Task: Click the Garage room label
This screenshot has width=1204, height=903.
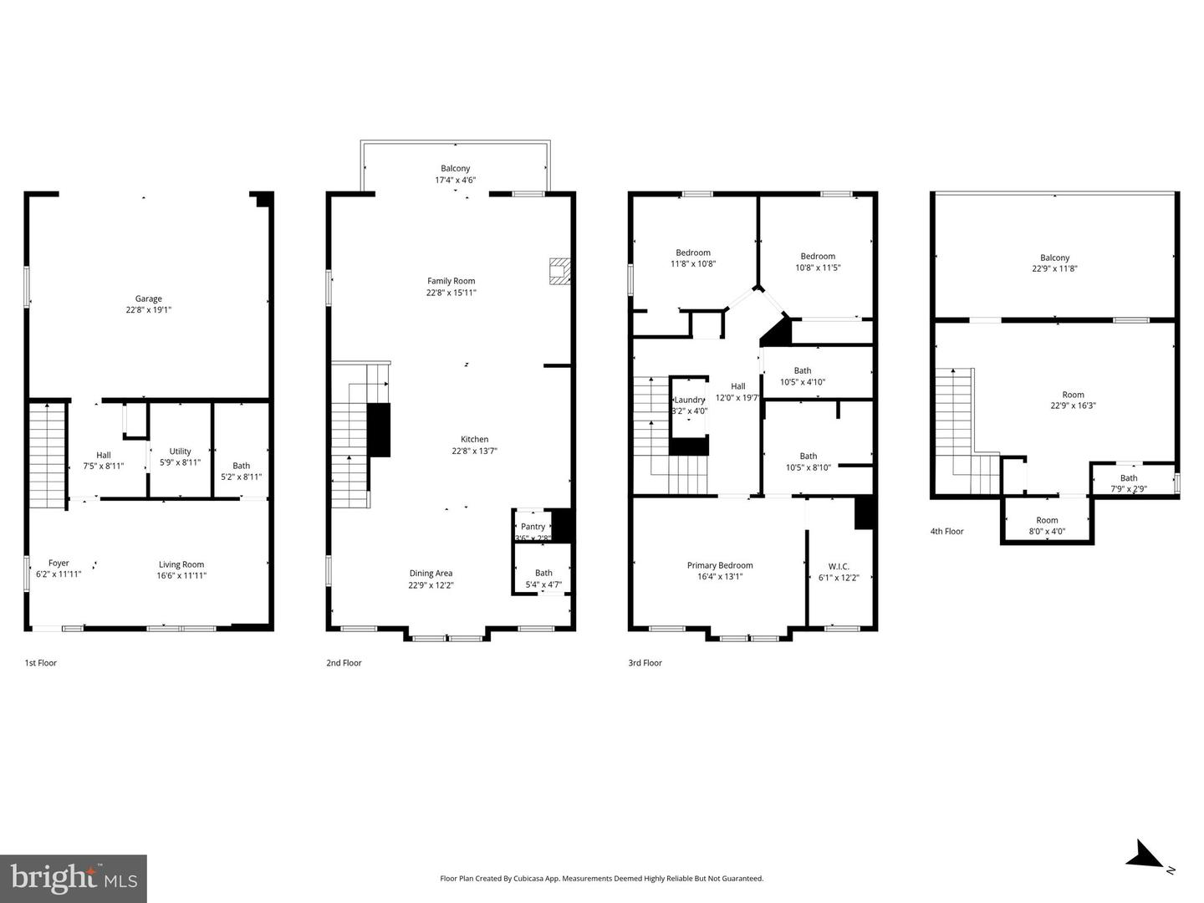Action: pos(149,298)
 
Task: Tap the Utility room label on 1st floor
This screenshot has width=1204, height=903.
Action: pos(180,451)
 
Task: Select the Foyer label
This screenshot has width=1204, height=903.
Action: pos(59,563)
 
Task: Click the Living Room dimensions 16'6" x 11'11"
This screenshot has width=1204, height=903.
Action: pos(181,575)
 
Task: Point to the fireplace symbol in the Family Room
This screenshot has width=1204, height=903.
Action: pos(559,272)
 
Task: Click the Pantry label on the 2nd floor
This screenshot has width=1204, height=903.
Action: pos(533,527)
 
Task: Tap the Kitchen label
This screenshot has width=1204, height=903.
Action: pos(474,439)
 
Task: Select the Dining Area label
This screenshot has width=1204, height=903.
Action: pos(431,573)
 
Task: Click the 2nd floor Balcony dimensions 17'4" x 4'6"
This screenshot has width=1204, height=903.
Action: pos(455,180)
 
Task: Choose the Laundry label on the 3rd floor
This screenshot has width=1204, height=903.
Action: pos(690,400)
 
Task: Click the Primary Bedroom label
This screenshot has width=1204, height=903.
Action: pos(720,565)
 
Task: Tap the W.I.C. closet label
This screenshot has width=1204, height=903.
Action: pos(839,566)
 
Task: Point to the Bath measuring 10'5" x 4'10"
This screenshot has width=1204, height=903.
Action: pos(803,376)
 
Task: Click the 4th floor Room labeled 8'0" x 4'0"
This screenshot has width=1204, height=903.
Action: pos(1047,525)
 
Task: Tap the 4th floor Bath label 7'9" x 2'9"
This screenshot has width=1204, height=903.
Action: pos(1129,483)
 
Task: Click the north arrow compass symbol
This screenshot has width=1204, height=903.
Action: pos(1145,856)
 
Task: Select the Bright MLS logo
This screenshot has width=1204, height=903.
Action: pos(74,878)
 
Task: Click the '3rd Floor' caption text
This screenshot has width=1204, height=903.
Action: pos(645,663)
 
